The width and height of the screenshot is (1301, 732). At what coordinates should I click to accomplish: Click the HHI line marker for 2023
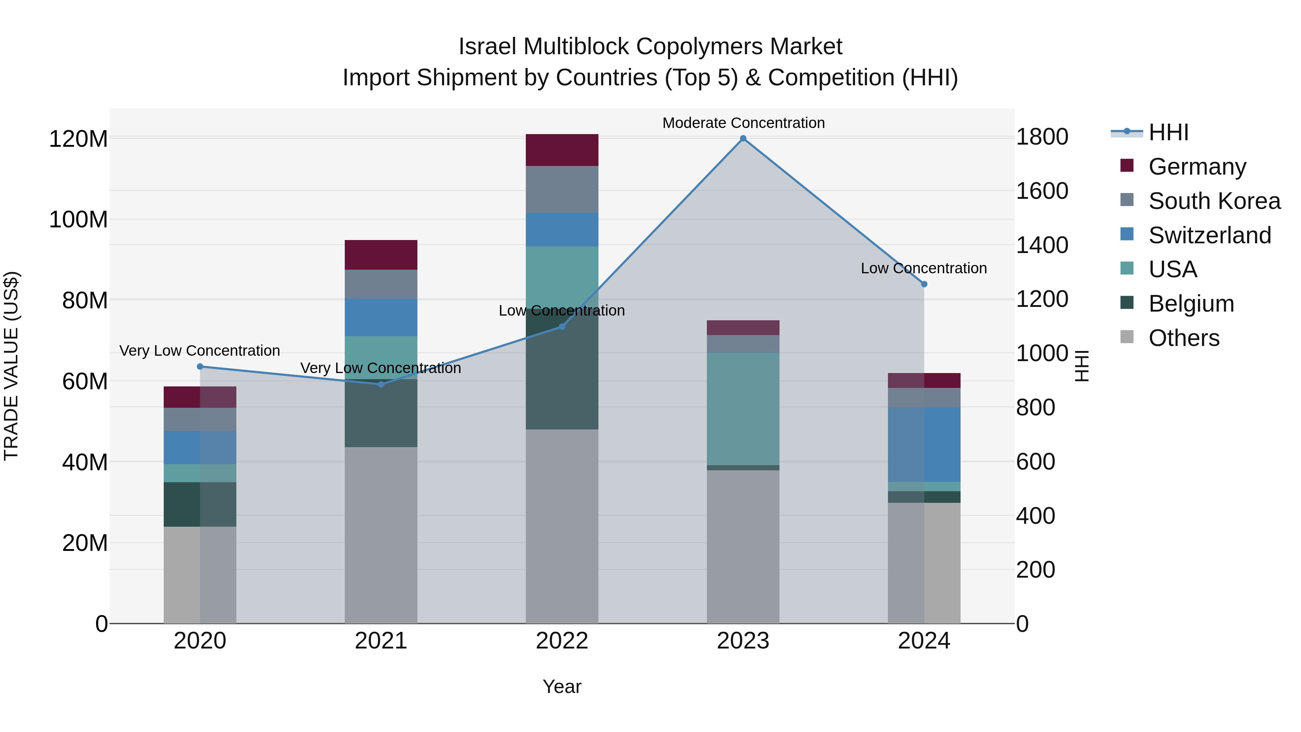pos(743,138)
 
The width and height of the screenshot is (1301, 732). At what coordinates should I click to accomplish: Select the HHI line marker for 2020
pos(200,367)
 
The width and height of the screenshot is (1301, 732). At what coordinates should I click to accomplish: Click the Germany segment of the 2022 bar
pos(562,150)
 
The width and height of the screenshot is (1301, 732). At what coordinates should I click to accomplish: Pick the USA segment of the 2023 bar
pos(743,409)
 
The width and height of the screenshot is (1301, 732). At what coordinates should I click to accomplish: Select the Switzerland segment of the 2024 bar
pos(924,445)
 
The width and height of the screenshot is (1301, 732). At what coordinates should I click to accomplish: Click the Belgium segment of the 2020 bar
pos(200,504)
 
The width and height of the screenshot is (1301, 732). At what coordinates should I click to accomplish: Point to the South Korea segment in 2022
pos(562,189)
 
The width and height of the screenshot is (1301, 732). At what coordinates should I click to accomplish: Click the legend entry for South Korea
pos(1214,201)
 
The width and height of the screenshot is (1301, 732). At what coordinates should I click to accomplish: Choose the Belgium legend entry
pos(1191,304)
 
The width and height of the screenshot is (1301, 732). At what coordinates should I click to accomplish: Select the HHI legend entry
pos(1168,132)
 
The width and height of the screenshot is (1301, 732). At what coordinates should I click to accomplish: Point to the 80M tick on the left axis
pos(85,301)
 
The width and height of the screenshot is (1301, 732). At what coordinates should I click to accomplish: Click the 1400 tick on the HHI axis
pos(1042,245)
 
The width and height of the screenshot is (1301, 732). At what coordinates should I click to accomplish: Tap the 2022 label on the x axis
pos(562,641)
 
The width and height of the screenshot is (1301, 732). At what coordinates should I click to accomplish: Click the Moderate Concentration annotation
pos(743,123)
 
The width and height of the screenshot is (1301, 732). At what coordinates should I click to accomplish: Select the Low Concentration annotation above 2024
pos(924,268)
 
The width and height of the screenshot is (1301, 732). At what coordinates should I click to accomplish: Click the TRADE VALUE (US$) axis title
pos(11,366)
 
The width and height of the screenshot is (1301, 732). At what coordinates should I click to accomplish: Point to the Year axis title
pos(562,686)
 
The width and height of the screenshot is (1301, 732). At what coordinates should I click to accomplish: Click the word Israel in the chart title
pos(488,47)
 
